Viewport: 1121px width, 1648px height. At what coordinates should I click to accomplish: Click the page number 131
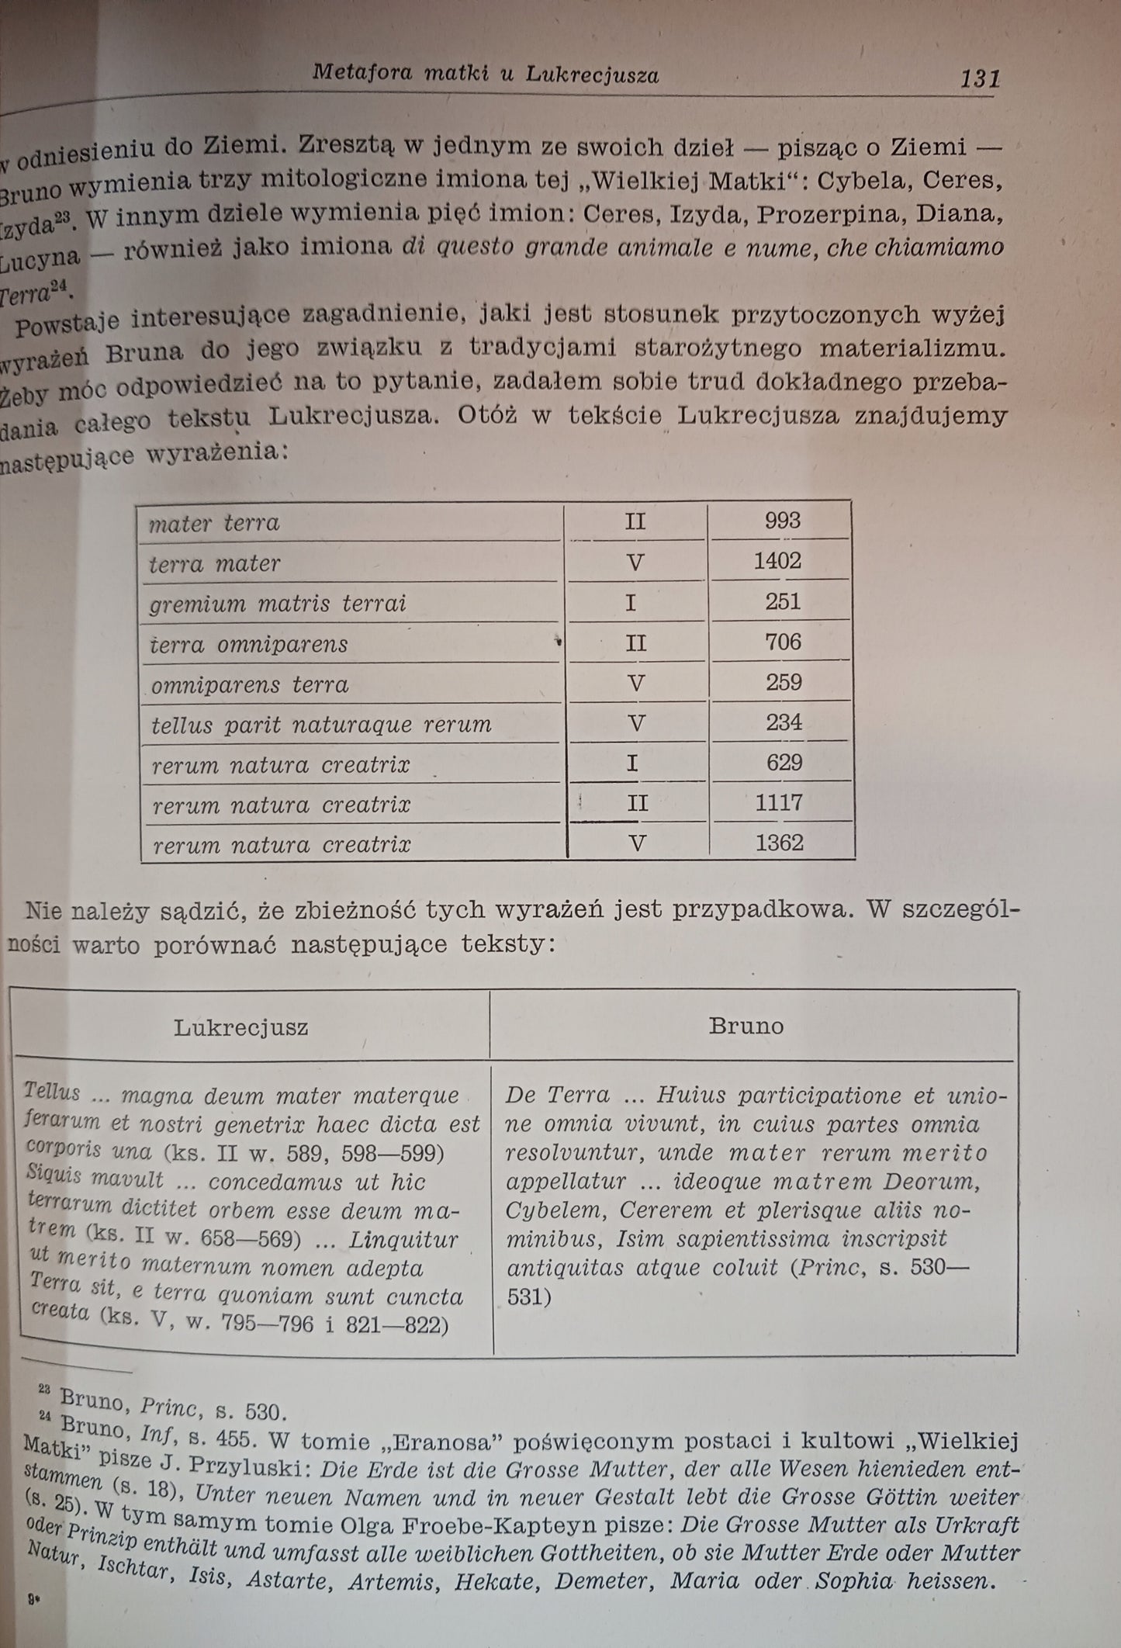click(980, 78)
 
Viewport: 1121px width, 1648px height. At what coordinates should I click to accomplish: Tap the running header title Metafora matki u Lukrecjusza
click(486, 74)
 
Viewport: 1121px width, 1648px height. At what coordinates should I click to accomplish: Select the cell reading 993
click(782, 521)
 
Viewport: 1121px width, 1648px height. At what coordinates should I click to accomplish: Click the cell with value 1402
click(777, 561)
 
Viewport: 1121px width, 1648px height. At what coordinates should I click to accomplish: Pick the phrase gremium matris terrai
click(278, 604)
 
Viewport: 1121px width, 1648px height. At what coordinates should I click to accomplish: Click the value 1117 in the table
click(779, 802)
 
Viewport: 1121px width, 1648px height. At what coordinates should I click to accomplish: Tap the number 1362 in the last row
click(779, 843)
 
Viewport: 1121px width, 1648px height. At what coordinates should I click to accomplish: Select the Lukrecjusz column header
click(241, 1028)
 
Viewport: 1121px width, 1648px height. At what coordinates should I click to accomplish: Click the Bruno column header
click(746, 1027)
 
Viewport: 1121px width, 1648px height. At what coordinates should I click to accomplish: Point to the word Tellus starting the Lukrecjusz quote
click(52, 1092)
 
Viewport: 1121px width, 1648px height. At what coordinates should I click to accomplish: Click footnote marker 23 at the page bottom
click(44, 1394)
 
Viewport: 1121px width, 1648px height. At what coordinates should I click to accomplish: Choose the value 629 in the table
click(783, 762)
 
